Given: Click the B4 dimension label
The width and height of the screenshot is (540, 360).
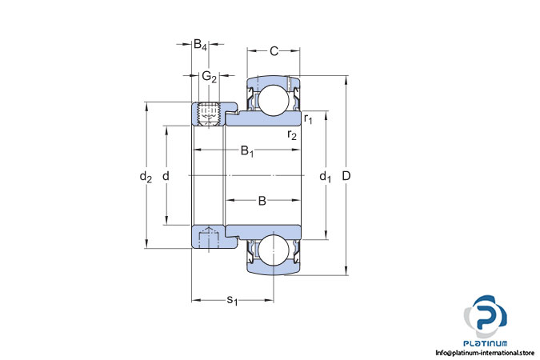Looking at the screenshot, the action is coord(200,45).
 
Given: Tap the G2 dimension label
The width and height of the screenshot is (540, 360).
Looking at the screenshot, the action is coord(209,77).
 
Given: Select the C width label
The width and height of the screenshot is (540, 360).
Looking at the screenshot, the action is coord(274,51).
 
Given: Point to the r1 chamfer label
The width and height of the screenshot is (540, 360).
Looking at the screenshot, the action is coord(308,119).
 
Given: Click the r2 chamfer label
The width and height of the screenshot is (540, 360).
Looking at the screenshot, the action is coord(292,134).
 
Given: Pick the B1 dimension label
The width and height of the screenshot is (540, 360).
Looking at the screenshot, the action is coord(247,151).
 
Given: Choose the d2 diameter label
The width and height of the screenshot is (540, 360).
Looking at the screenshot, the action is coord(146,177).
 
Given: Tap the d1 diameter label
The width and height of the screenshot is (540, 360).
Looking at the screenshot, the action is coord(325,177).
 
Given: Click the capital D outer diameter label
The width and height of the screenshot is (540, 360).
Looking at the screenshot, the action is coord(346,176).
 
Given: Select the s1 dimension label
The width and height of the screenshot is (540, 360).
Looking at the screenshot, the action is coord(232,301).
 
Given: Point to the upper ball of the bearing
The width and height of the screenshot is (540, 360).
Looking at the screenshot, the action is coord(274,100).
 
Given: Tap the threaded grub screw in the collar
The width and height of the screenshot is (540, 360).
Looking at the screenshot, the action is coord(209,114).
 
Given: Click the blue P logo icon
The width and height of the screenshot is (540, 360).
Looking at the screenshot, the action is coord(486,316).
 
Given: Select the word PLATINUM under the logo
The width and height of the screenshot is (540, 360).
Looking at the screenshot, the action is coord(486,343).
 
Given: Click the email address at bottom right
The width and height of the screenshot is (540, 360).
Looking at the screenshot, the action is coord(485,353).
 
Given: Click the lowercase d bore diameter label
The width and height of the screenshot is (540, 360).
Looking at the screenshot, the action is coord(166,176).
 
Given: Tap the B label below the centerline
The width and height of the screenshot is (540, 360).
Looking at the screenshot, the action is coord(262,201).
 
